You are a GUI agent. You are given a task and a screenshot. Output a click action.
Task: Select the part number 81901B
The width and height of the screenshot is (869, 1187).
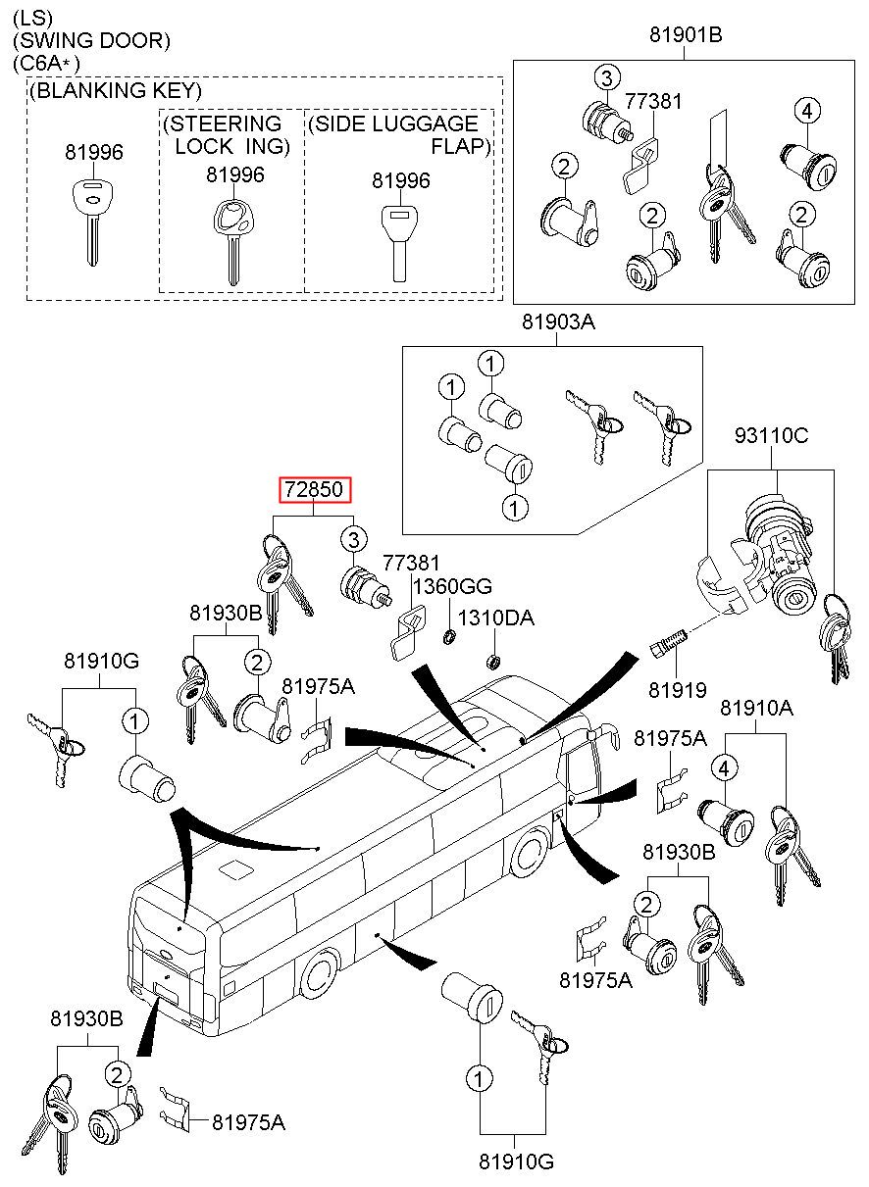685,36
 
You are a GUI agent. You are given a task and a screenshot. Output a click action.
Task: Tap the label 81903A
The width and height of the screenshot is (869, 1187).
557,322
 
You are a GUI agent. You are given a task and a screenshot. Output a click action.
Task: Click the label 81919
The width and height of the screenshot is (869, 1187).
677,690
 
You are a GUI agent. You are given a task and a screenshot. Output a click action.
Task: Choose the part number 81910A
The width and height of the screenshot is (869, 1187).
756,707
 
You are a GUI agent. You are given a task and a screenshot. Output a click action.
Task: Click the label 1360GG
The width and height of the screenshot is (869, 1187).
451,586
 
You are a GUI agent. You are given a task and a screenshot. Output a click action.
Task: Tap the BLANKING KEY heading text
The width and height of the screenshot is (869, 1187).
116,91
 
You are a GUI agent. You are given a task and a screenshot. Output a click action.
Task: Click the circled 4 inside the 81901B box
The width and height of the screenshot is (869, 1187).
807,112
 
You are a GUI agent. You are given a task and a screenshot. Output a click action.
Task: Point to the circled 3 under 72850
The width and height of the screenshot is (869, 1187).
353,538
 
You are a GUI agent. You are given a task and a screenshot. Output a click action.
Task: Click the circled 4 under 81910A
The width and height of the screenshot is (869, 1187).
724,768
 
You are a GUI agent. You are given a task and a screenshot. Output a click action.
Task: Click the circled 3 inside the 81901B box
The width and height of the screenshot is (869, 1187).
607,78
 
